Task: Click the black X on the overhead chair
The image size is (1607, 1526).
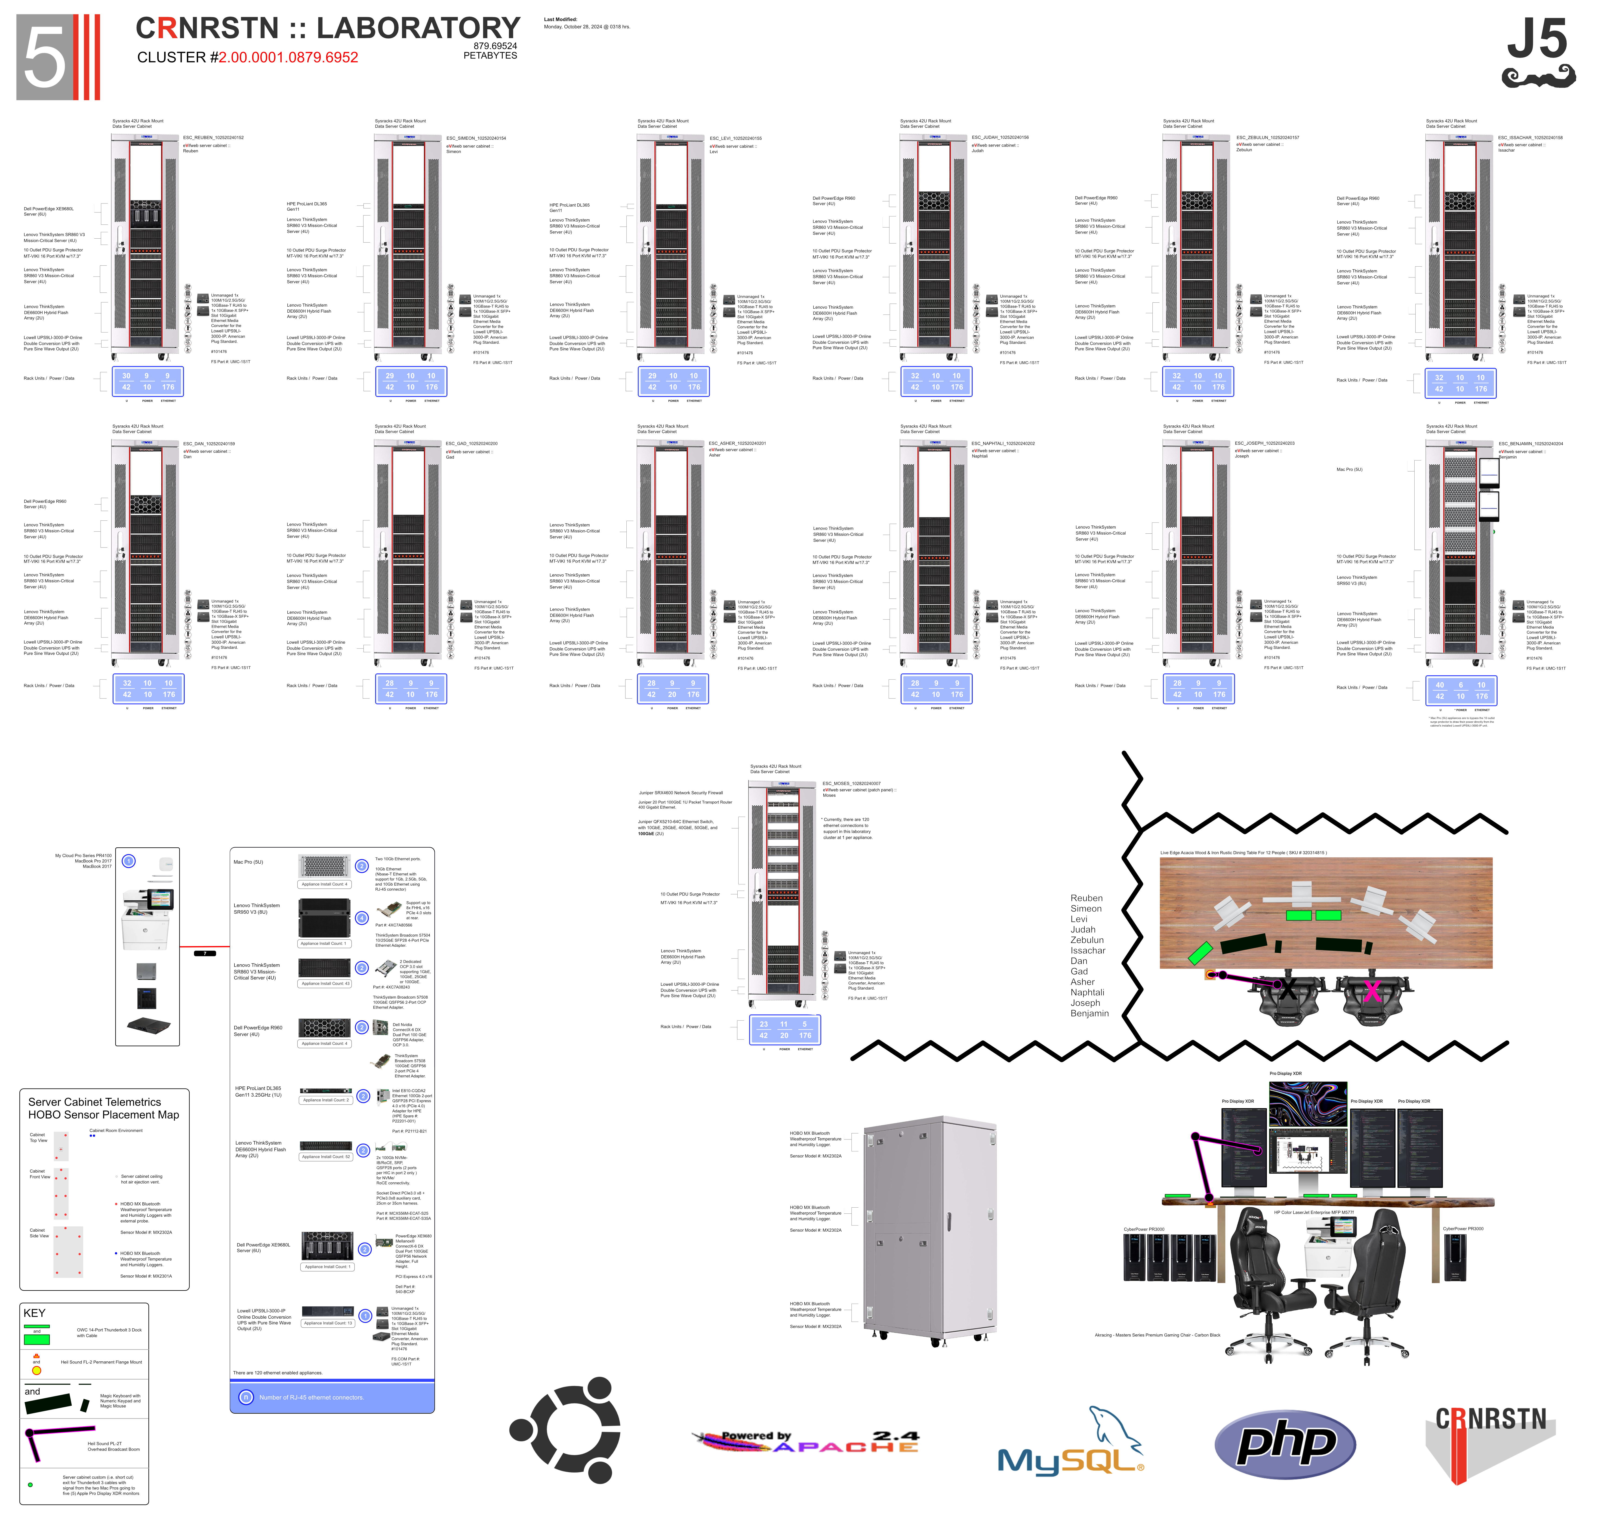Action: pos(1287,990)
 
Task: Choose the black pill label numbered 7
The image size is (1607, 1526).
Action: pos(205,953)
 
